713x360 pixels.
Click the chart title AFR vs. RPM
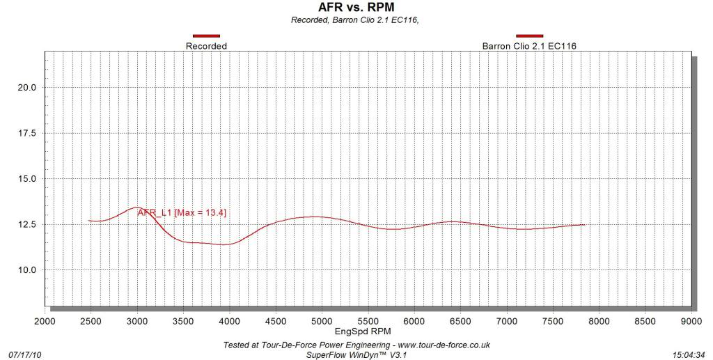tap(356, 8)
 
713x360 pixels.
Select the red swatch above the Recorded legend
tap(206, 36)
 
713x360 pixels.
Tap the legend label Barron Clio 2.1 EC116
tap(529, 46)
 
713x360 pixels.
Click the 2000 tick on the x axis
tap(45, 321)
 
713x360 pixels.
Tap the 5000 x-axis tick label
tap(322, 321)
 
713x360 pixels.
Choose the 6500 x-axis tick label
tap(460, 321)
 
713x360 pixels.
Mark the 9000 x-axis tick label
tap(691, 321)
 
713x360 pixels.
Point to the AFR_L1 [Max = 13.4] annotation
tap(182, 212)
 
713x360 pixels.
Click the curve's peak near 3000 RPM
tap(137, 207)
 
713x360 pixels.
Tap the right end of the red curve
tap(584, 224)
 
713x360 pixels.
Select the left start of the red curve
tap(89, 221)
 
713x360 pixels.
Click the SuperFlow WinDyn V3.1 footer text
tap(356, 354)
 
